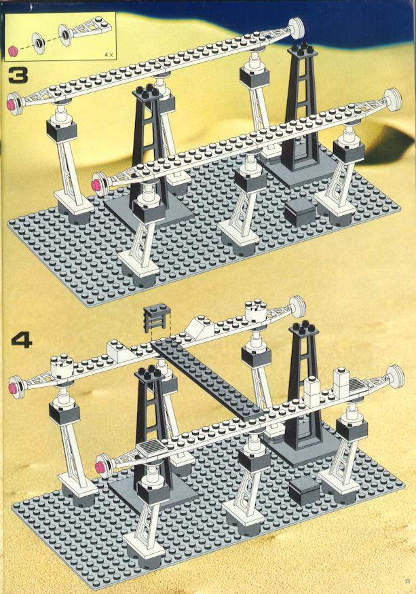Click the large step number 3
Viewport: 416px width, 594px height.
[18, 75]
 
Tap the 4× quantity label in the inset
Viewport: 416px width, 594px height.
[109, 54]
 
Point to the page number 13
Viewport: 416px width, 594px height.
[407, 581]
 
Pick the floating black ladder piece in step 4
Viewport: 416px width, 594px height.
[157, 318]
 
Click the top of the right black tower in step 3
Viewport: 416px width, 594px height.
[302, 51]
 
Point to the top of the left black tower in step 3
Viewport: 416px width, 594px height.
[149, 92]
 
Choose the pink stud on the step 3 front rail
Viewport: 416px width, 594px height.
[96, 184]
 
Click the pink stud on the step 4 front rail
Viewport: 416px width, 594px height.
[101, 467]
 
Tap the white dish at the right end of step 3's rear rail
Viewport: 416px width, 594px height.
[298, 29]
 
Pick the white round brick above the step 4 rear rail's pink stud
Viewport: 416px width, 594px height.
[60, 367]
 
